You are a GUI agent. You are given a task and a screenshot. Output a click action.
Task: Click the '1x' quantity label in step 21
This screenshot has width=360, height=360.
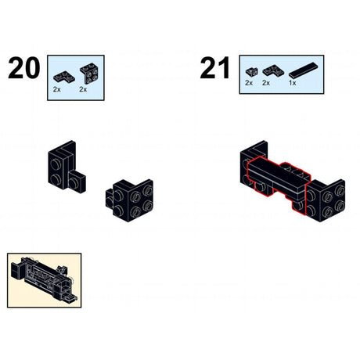(293, 82)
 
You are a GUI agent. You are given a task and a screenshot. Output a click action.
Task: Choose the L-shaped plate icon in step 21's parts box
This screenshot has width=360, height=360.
(271, 70)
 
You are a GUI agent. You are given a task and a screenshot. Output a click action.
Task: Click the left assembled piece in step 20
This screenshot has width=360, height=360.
(65, 170)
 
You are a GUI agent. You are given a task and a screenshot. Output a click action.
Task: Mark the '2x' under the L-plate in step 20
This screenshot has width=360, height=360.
(57, 90)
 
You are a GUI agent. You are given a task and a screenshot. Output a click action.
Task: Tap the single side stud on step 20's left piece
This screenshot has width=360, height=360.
(74, 182)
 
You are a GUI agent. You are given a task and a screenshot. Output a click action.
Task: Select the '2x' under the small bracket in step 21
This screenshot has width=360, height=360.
(249, 82)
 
